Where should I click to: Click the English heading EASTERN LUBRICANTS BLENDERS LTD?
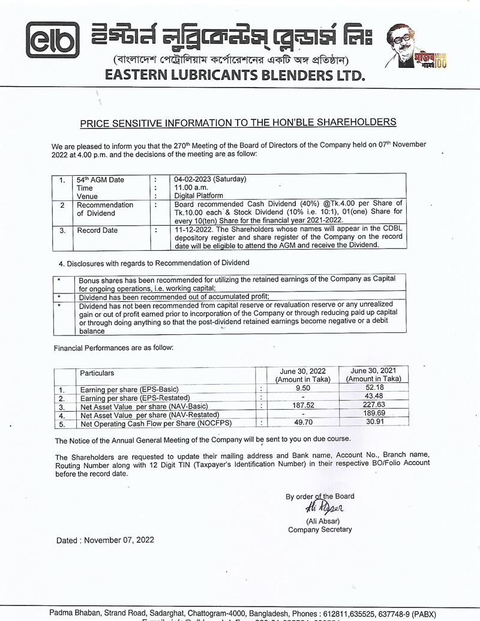click(235, 75)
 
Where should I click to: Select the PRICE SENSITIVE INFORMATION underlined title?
click(238, 122)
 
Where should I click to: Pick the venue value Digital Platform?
click(199, 196)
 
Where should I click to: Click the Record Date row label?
click(97, 230)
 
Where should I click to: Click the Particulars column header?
click(97, 373)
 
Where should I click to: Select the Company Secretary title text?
click(320, 530)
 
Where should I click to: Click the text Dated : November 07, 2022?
click(105, 540)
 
